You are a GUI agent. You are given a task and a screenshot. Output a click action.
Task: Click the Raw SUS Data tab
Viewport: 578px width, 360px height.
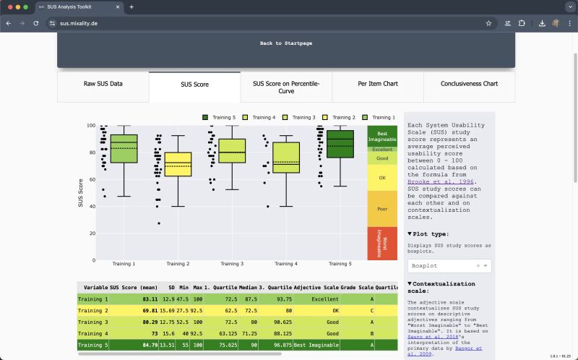point(103,84)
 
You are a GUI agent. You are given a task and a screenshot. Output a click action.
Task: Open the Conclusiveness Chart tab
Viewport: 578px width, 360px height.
point(469,84)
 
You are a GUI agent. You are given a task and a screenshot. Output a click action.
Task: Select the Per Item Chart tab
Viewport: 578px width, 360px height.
point(378,84)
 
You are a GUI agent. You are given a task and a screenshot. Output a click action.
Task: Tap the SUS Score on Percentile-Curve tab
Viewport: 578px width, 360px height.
point(286,87)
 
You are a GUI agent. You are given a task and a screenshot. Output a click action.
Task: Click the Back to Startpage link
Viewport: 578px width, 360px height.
point(285,43)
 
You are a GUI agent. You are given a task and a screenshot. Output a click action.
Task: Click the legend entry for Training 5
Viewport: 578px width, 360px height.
point(219,117)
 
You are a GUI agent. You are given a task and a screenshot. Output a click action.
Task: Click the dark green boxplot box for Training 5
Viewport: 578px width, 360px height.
point(340,144)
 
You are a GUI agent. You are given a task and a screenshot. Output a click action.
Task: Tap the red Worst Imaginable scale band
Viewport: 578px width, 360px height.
point(382,243)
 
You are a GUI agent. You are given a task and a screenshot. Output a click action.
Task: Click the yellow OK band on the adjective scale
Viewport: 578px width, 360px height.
point(382,178)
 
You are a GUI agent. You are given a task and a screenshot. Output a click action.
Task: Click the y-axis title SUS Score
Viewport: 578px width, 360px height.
point(81,193)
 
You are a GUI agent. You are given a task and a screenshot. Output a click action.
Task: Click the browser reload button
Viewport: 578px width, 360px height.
point(35,23)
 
